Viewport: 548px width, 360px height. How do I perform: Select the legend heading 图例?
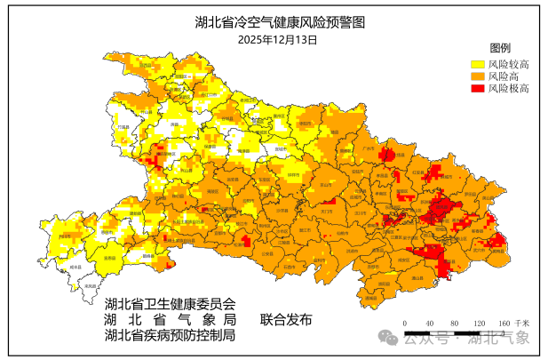(x=500, y=47)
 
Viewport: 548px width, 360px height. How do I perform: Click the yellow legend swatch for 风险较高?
(x=477, y=64)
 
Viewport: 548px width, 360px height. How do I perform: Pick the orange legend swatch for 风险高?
(x=477, y=76)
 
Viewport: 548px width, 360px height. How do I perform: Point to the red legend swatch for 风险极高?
(x=477, y=89)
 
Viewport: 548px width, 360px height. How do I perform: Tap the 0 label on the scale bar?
(x=404, y=323)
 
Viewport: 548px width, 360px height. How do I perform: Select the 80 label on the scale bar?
(x=455, y=323)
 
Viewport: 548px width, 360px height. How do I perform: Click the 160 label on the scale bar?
(x=504, y=323)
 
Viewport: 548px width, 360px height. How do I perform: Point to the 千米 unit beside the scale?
(x=524, y=323)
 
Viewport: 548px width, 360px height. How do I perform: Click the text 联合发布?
(x=286, y=319)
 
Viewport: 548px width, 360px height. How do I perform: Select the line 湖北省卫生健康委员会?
(x=170, y=303)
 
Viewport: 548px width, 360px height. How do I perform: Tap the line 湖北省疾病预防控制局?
(x=170, y=335)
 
